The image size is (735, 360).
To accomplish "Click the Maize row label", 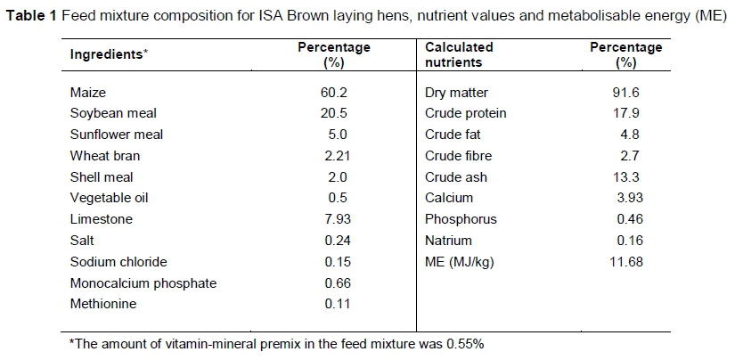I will point(87,92).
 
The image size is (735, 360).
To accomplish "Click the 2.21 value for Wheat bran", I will point(333,156).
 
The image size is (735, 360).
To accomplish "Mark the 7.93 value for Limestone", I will point(333,219).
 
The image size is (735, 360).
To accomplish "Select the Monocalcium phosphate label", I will point(143,283).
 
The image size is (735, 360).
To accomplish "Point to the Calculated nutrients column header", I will point(459,53).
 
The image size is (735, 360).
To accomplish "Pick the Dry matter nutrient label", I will point(456,92).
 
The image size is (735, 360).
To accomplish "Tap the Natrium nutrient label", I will point(448,241).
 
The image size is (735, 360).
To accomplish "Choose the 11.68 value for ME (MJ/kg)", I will point(626,262).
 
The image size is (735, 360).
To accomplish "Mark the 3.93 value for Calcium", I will point(626,198).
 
